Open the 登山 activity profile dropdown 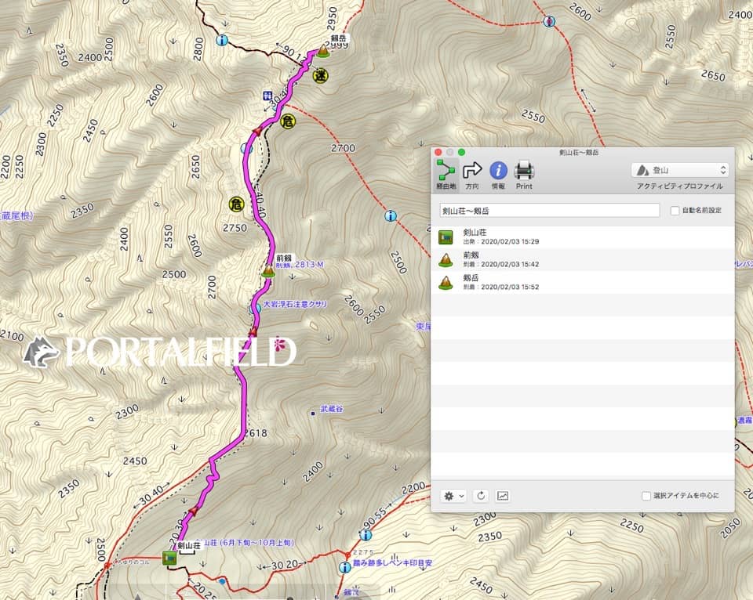coord(680,170)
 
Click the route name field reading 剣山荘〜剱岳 coord(549,211)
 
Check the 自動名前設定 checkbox coord(675,211)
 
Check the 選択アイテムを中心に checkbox coord(646,496)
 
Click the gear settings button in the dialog coord(453,496)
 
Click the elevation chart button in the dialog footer coord(503,496)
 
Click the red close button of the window coord(438,152)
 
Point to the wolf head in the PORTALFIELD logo coord(42,352)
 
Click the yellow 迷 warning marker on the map coord(320,76)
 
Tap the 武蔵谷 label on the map coord(332,409)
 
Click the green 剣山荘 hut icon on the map coord(169,558)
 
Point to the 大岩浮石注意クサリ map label coord(295,303)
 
